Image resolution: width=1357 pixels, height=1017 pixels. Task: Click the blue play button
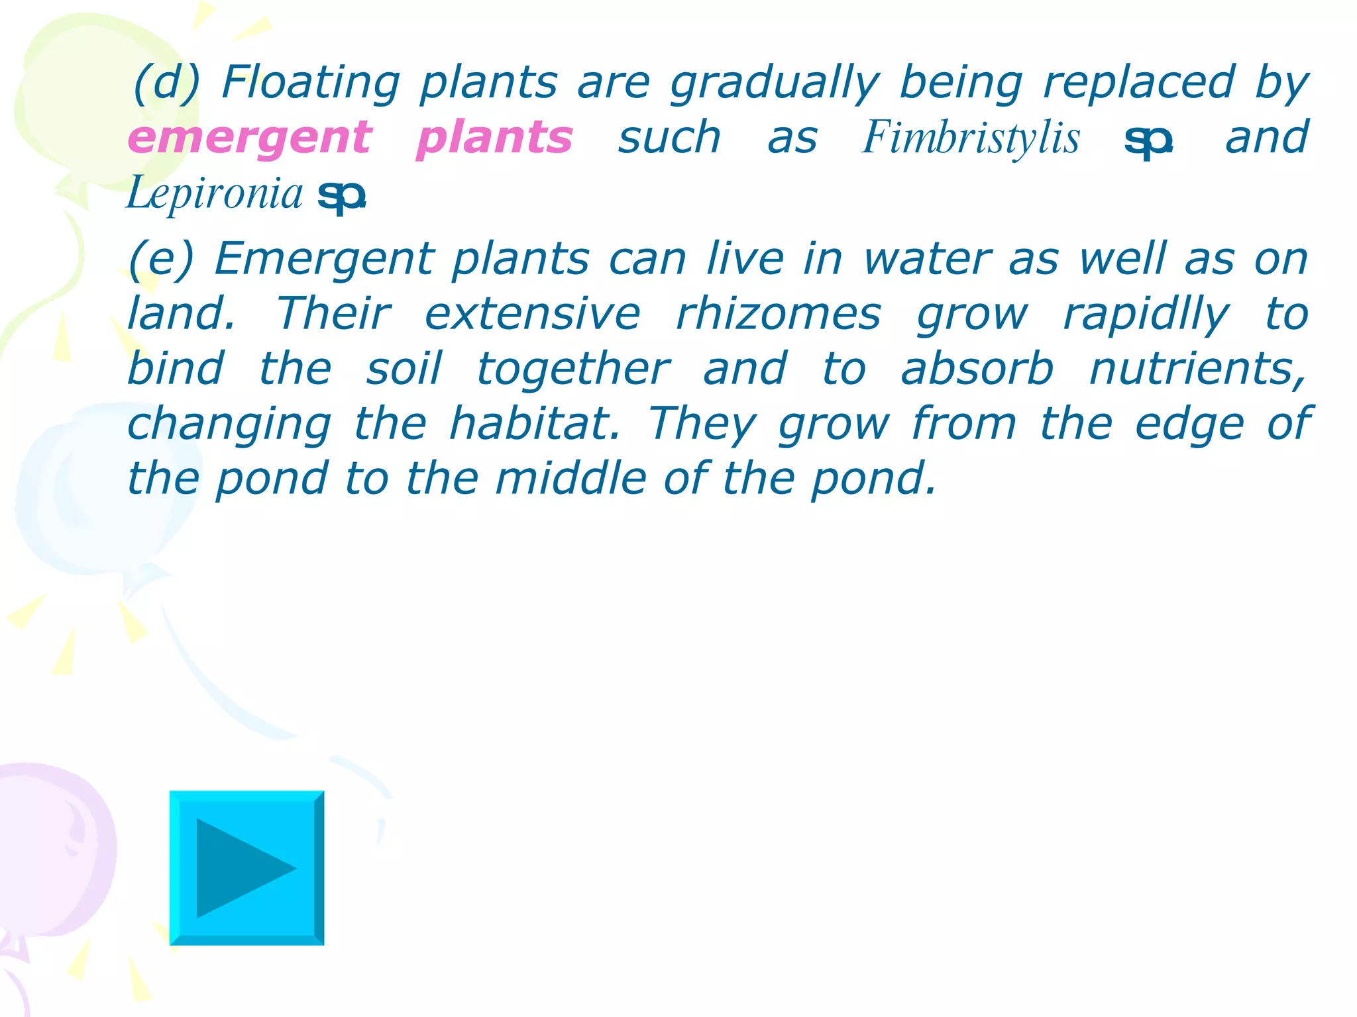pyautogui.click(x=246, y=867)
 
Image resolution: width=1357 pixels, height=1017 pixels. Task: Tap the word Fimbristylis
pyautogui.click(x=971, y=138)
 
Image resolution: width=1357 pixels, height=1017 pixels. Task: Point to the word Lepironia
pyautogui.click(x=215, y=193)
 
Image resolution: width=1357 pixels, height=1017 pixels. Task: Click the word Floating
pyautogui.click(x=311, y=83)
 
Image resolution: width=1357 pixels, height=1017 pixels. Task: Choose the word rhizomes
pyautogui.click(x=779, y=314)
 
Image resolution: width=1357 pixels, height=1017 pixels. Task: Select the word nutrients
pyautogui.click(x=1198, y=369)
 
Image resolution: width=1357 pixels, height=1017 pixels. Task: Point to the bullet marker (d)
pyautogui.click(x=166, y=84)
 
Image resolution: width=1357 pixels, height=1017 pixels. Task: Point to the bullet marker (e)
pyautogui.click(x=161, y=259)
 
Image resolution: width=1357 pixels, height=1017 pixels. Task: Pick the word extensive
pyautogui.click(x=533, y=314)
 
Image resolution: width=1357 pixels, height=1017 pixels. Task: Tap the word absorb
pyautogui.click(x=977, y=369)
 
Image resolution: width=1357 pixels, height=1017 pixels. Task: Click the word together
pyautogui.click(x=573, y=370)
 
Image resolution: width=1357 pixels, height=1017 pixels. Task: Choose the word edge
pyautogui.click(x=1189, y=425)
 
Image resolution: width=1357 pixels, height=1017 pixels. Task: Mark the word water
pyautogui.click(x=927, y=259)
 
